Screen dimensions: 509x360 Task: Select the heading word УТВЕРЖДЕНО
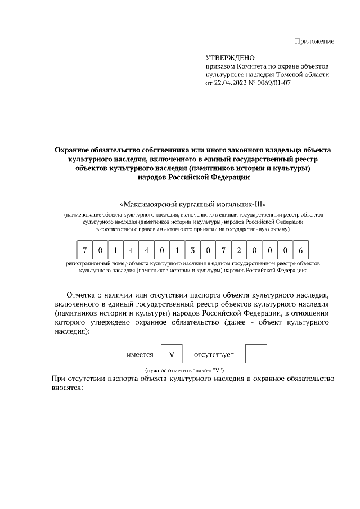(231, 58)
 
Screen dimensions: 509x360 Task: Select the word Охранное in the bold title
(73, 151)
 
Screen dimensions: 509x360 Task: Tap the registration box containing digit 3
(192, 249)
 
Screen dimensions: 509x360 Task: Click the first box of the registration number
(84, 249)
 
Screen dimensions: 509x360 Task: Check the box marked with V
(172, 355)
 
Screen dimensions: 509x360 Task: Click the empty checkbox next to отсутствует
(256, 355)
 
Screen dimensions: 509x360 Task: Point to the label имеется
(140, 355)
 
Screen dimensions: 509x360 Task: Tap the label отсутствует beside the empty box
(214, 355)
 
